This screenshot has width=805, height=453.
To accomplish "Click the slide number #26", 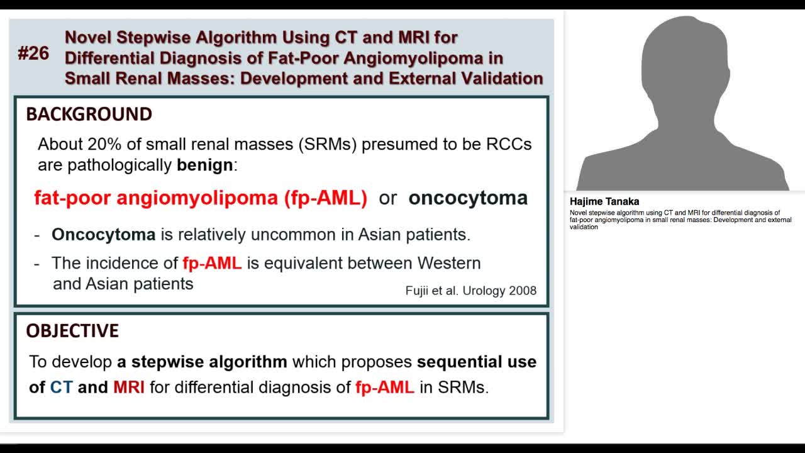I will coord(33,54).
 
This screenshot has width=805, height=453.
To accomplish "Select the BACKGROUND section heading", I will coord(89,115).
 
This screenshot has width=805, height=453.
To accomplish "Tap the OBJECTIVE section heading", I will coord(72,331).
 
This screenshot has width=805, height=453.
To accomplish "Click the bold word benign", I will coord(205,165).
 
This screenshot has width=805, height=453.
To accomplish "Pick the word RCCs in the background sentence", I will coord(509,144).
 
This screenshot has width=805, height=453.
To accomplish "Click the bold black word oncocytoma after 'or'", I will coord(468,198).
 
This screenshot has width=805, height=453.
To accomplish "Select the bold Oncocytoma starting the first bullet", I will coord(103,235).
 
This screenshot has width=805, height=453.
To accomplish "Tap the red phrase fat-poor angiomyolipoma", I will coord(155,198).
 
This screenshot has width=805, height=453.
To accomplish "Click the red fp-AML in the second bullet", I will coord(212,263).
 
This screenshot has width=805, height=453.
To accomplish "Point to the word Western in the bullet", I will coord(449,263).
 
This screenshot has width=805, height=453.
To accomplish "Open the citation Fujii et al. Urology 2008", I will coord(471,291).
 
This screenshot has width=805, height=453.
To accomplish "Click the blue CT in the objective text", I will coord(62,387).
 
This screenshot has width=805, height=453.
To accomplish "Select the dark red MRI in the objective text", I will coord(129,387).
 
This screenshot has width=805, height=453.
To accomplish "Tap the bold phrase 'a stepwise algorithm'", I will coord(202,362).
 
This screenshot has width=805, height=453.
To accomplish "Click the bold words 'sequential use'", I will coord(477,362).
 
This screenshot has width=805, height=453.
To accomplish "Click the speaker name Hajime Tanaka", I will coord(604,202).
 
